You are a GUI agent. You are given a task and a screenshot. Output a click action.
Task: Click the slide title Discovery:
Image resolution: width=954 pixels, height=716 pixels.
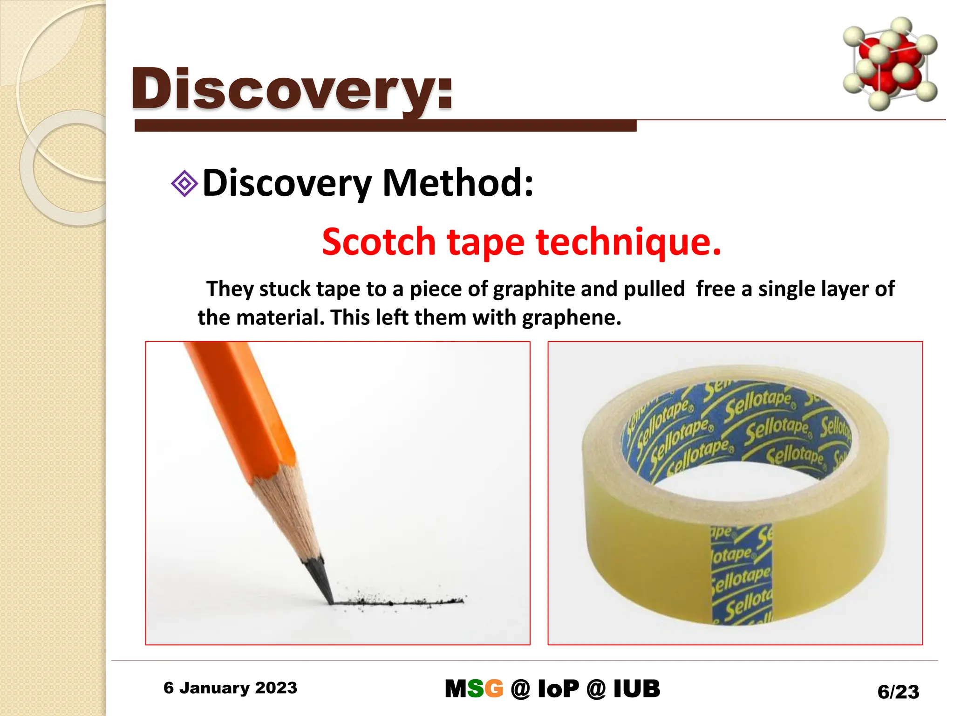(292, 89)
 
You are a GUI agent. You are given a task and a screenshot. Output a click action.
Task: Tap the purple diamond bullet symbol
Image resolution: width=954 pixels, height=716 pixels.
(184, 183)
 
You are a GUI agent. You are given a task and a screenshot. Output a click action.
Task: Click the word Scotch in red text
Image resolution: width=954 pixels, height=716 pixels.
(378, 242)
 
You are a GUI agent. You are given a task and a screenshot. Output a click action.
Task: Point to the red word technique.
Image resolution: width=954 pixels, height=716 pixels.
(628, 242)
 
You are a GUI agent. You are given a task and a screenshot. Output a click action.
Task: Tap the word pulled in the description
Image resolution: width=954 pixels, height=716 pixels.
(654, 289)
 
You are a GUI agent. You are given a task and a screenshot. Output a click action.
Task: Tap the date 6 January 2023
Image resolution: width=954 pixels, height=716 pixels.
(230, 688)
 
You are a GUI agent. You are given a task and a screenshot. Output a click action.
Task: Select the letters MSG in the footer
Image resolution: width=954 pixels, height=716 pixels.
(474, 689)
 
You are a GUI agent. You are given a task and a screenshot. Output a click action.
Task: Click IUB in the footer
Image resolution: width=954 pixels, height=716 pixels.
(636, 689)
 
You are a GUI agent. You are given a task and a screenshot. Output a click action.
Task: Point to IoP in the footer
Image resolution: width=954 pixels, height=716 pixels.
(558, 689)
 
